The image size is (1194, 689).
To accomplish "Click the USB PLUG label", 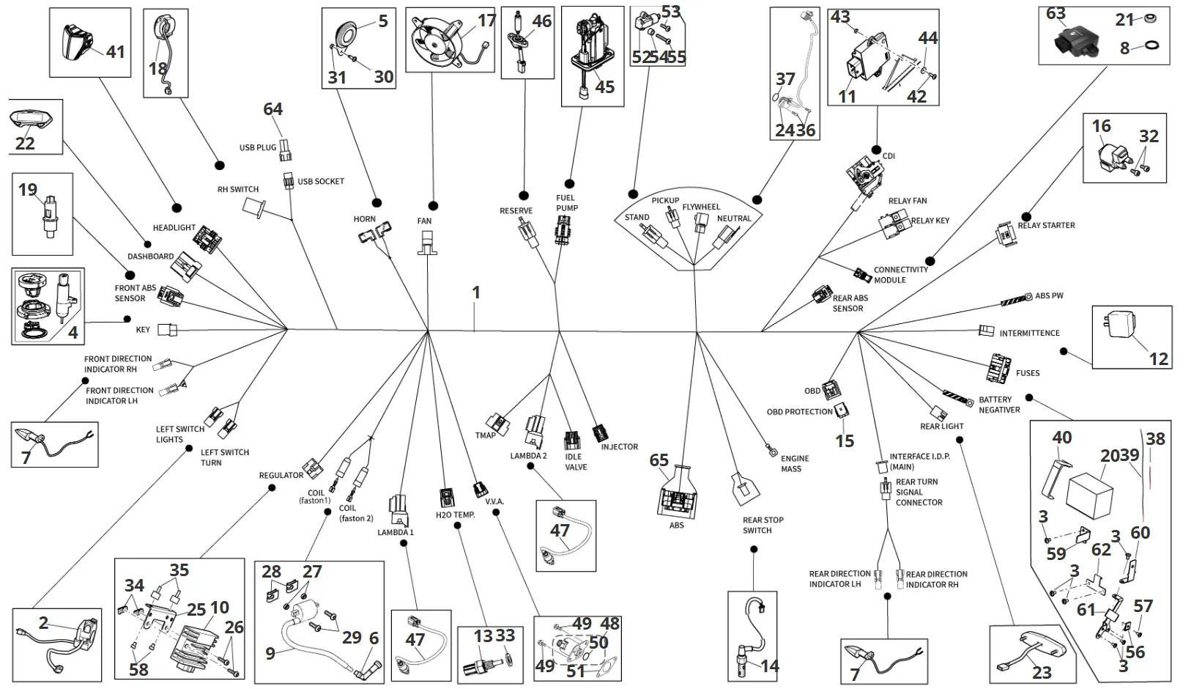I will (258, 147).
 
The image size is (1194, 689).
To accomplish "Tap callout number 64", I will (272, 109).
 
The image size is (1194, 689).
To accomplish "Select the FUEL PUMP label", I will (566, 202).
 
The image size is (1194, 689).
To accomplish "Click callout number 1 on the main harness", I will (476, 292).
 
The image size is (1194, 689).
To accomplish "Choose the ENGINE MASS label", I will (794, 463).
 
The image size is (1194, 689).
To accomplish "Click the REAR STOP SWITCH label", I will (763, 525).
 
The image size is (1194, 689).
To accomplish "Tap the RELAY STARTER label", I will (1046, 225).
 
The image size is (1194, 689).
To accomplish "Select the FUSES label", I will (1027, 373).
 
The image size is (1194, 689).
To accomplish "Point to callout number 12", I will (1158, 358).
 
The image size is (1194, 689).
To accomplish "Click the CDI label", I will (889, 156).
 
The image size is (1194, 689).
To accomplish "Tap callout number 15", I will (845, 441).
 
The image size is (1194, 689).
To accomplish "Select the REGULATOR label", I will (281, 476).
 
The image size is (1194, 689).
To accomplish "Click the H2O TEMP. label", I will (455, 515).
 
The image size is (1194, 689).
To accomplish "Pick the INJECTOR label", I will (619, 446).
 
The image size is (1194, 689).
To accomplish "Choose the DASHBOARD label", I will (150, 257).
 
